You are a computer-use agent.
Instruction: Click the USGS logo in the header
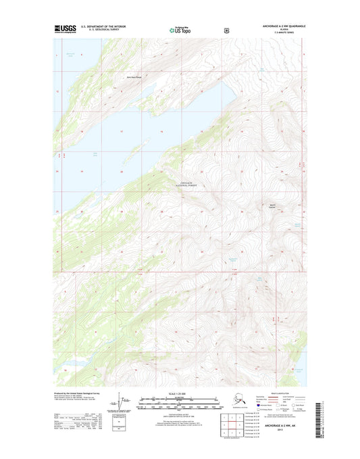point(66,30)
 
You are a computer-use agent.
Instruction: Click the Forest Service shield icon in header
point(216,30)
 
